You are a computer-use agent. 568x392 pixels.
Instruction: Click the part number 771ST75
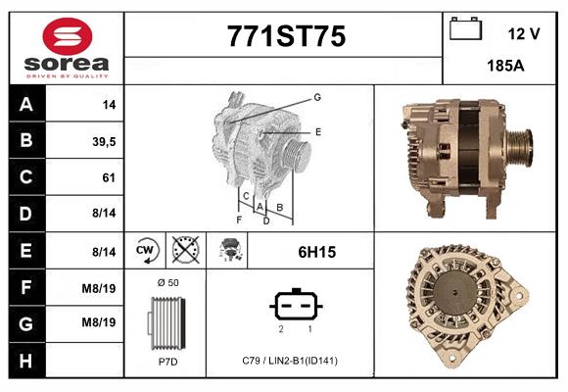tap(286, 37)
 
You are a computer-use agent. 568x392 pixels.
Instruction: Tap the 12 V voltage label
tap(524, 34)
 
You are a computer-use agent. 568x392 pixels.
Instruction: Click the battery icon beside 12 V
tap(466, 30)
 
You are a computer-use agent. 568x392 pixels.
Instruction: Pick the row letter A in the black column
tap(25, 105)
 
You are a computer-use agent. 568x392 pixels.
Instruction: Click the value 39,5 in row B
tap(103, 141)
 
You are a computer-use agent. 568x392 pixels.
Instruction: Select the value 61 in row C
tap(109, 178)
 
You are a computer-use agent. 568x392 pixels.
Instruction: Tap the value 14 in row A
tap(109, 105)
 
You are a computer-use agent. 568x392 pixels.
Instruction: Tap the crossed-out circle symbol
tap(185, 252)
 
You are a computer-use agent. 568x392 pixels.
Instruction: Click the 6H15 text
tap(316, 252)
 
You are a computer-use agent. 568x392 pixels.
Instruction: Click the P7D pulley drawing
tap(166, 323)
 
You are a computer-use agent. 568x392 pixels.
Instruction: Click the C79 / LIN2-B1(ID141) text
tap(290, 362)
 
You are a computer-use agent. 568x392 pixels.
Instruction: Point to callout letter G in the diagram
tap(317, 97)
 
